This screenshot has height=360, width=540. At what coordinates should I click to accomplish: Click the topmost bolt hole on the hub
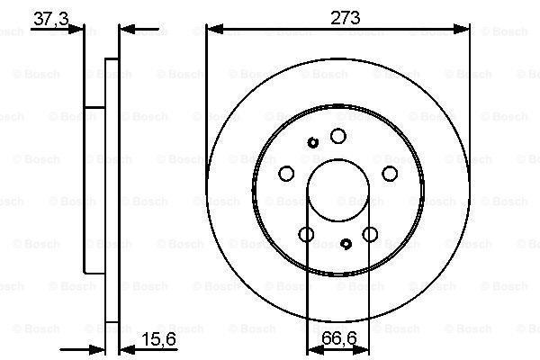337,136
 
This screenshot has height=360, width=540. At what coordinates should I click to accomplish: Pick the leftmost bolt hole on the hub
286,175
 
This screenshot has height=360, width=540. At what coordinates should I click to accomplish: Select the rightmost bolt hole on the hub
390,175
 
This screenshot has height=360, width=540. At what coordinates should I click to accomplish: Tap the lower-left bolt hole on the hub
306,235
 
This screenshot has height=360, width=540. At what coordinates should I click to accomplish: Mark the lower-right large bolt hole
370,235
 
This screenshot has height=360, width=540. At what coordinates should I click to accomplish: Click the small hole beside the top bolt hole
313,142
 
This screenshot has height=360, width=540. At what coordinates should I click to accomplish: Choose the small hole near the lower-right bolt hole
347,243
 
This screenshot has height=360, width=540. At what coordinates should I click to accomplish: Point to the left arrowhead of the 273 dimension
211,29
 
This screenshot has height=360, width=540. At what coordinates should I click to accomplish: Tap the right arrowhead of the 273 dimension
464,29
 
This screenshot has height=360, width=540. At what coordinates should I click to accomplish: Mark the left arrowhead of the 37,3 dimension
79,29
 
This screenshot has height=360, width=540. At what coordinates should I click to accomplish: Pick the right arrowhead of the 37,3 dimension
125,29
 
